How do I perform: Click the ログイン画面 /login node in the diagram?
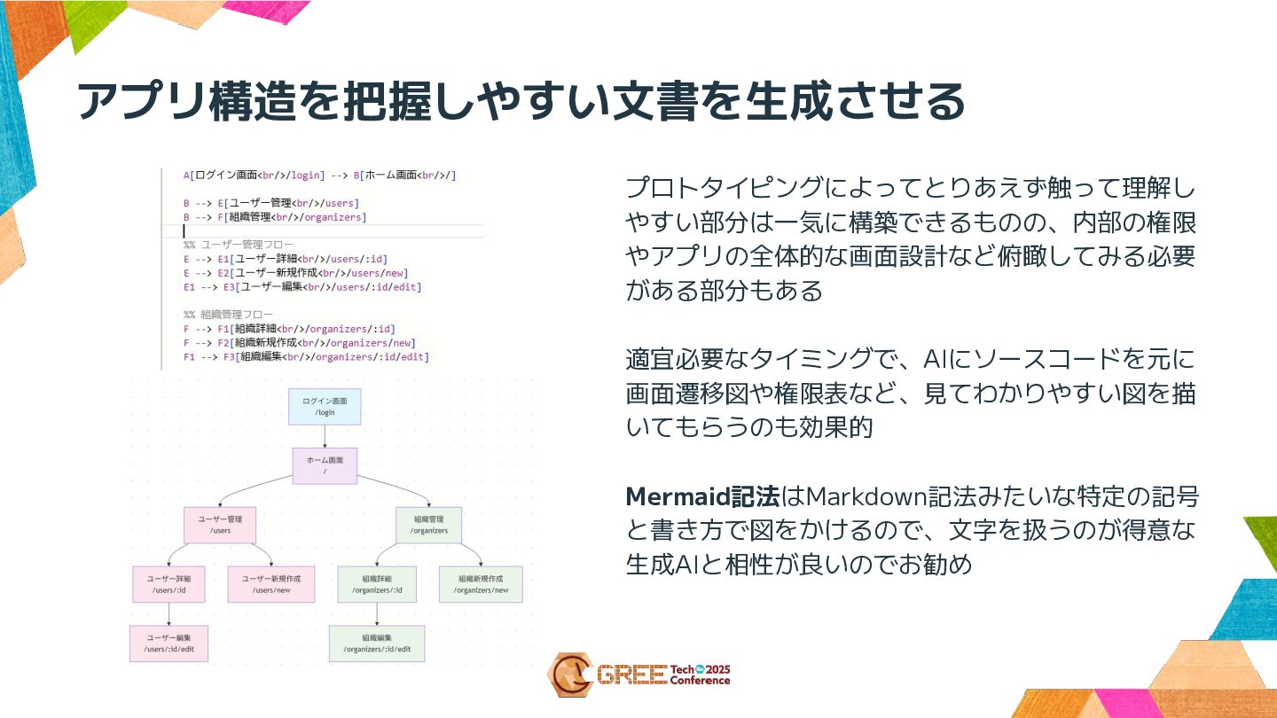pyautogui.click(x=325, y=406)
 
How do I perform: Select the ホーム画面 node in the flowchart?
pyautogui.click(x=325, y=465)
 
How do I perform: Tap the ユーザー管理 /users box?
pyautogui.click(x=220, y=525)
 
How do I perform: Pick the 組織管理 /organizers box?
pyautogui.click(x=428, y=525)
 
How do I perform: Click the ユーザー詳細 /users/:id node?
pyautogui.click(x=168, y=584)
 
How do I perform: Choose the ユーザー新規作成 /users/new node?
pyautogui.click(x=271, y=584)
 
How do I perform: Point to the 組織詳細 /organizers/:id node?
pyautogui.click(x=377, y=584)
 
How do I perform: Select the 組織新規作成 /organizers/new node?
pyautogui.click(x=482, y=584)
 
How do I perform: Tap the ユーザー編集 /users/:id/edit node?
pyautogui.click(x=168, y=644)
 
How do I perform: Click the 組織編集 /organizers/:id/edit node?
pyautogui.click(x=377, y=644)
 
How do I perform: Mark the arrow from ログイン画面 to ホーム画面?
pyautogui.click(x=325, y=436)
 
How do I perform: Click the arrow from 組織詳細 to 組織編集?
pyautogui.click(x=377, y=614)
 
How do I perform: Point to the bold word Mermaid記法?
pyautogui.click(x=702, y=496)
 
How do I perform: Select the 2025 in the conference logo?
pyautogui.click(x=713, y=669)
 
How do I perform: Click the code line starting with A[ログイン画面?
pyautogui.click(x=319, y=176)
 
